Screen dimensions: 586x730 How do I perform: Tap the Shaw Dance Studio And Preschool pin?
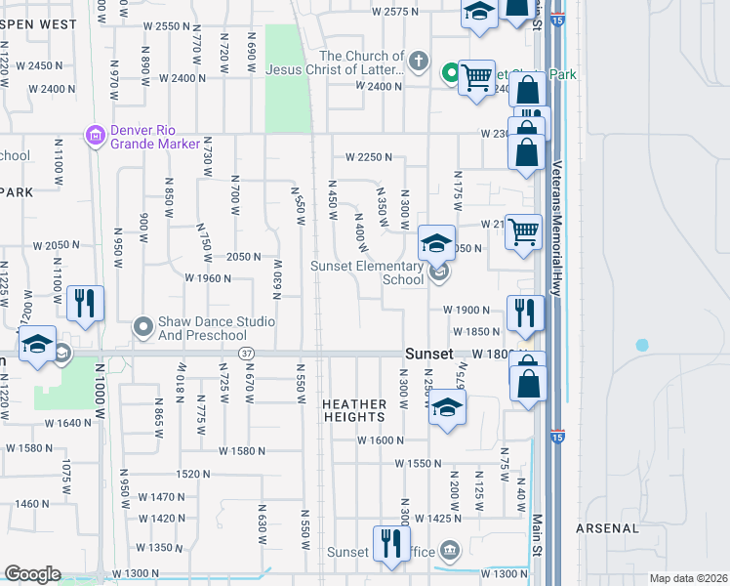pos(143,328)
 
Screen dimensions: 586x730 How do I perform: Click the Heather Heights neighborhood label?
pos(354,410)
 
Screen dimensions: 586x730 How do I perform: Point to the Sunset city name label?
pos(429,354)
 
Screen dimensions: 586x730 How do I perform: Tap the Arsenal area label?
pos(608,528)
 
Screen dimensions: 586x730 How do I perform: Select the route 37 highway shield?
pos(247,353)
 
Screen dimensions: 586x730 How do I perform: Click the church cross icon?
pos(418,63)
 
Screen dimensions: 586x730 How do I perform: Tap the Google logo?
pos(31,574)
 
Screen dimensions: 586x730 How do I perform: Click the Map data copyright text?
pos(687,578)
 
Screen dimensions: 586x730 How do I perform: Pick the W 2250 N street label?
pos(368,156)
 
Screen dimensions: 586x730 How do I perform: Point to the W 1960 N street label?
pos(207,277)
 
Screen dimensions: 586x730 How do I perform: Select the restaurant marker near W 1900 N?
pos(525,313)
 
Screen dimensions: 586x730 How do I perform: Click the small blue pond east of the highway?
pos(641,345)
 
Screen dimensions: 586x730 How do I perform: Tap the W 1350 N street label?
pos(159,547)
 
